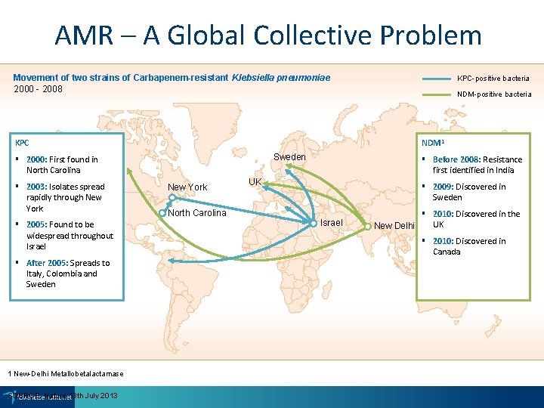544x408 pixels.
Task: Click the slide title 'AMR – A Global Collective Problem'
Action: (268, 36)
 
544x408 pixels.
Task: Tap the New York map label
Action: (187, 187)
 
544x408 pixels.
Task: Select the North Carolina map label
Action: (197, 212)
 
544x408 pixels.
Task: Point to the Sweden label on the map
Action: (289, 157)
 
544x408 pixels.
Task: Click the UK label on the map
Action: (255, 182)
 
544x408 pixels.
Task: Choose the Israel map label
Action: (332, 222)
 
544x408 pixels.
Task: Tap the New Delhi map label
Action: (394, 226)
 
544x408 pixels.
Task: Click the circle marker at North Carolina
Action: (162, 213)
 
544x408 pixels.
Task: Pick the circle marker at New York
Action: (172, 198)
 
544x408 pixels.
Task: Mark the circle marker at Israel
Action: (314, 223)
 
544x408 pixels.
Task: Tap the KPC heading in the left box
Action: (23, 142)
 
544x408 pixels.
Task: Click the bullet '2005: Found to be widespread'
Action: (69, 235)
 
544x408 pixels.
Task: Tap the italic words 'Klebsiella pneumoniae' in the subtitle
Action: (283, 78)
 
